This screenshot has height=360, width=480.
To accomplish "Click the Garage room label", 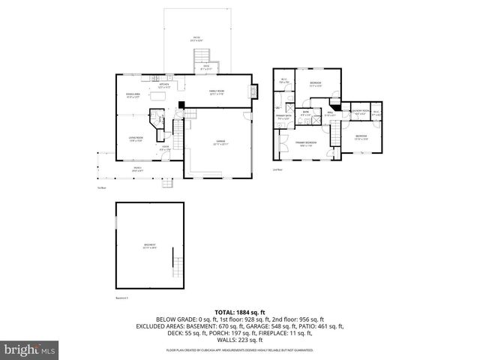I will click(221, 142).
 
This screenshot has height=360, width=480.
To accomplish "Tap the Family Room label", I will click(217, 93).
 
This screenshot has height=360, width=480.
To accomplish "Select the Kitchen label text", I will click(163, 85).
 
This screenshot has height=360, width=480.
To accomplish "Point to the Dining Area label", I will click(133, 95).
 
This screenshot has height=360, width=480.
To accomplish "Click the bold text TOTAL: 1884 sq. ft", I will click(239, 311).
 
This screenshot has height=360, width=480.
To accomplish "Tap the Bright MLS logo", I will click(28, 349).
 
